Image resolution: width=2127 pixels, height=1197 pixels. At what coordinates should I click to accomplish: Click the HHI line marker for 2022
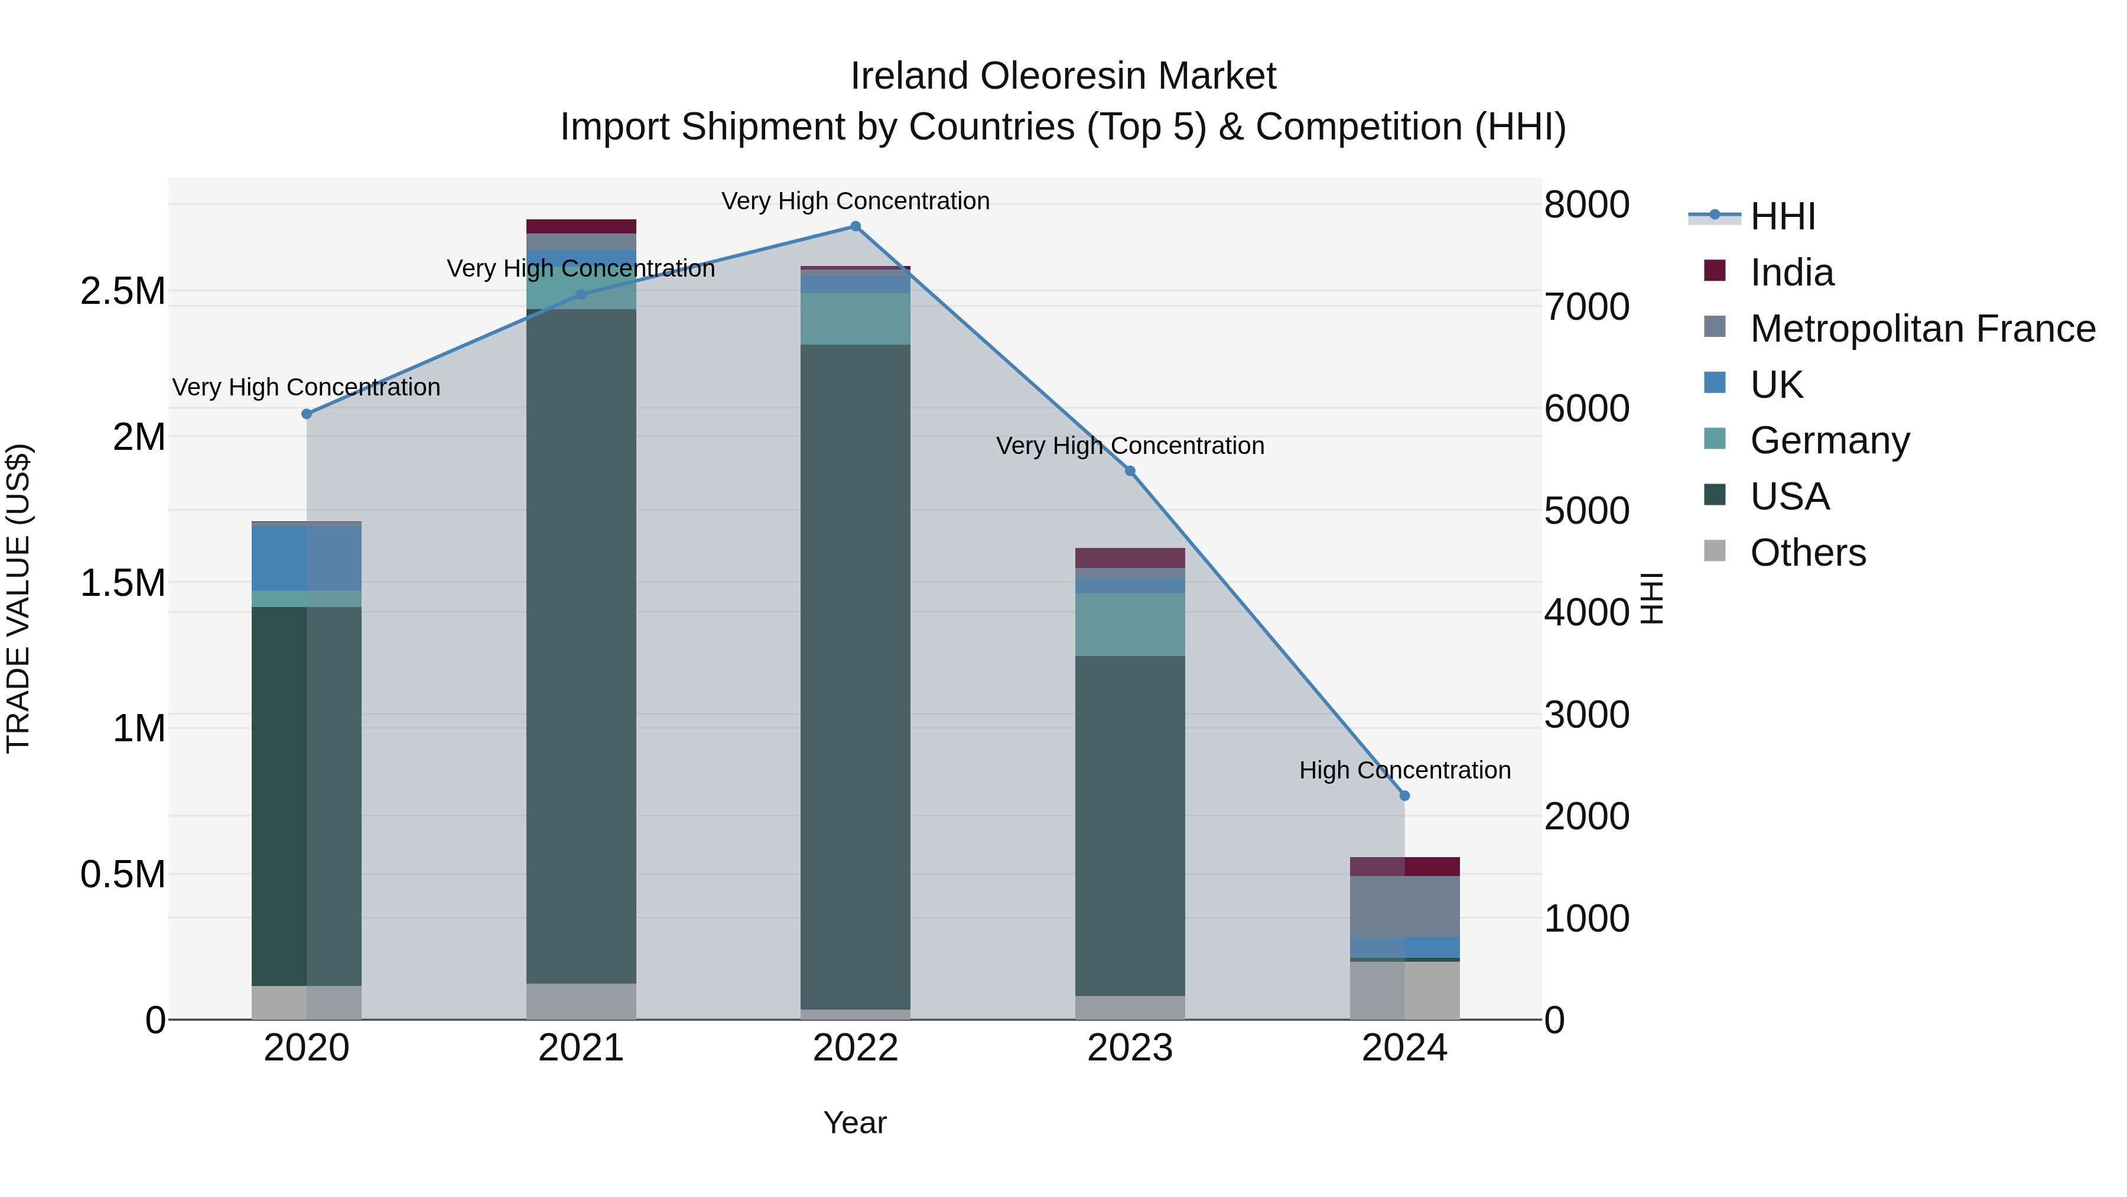[x=856, y=226]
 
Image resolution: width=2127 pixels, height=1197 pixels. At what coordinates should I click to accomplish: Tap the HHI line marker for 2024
[x=1404, y=796]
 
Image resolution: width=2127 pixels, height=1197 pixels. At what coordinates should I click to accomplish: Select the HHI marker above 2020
[x=306, y=414]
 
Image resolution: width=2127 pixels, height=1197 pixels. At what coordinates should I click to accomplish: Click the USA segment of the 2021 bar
[x=581, y=644]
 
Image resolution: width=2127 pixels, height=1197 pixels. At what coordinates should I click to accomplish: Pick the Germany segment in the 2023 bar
[x=1130, y=624]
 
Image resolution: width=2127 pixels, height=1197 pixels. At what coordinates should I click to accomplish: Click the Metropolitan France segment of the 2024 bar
[x=1404, y=906]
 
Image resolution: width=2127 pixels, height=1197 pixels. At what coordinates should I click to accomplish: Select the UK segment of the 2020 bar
[x=306, y=557]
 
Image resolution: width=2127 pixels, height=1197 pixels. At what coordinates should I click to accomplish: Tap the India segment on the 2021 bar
[x=581, y=226]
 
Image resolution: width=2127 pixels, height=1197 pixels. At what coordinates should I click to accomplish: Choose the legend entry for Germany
[x=1829, y=440]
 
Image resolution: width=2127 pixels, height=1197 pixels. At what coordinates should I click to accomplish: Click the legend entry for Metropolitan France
[x=1922, y=329]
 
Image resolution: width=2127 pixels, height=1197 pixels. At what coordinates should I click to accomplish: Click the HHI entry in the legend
[x=1782, y=216]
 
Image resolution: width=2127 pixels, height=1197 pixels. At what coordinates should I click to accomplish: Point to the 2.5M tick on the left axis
[x=122, y=291]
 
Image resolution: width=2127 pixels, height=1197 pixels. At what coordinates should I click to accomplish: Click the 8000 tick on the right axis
[x=1586, y=205]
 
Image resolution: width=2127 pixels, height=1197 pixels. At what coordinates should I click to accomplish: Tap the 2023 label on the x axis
[x=1130, y=1048]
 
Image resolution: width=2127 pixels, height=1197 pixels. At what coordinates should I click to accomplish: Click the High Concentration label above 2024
[x=1404, y=770]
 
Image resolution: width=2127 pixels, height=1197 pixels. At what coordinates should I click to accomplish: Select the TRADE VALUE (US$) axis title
[x=18, y=598]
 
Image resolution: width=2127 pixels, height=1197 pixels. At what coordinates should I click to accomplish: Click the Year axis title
[x=854, y=1123]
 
